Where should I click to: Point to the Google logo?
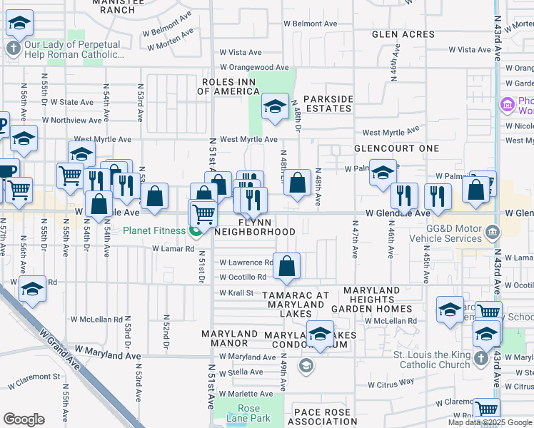pyautogui.click(x=24, y=419)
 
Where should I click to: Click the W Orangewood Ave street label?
pyautogui.click(x=253, y=68)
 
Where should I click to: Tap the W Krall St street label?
pyautogui.click(x=236, y=292)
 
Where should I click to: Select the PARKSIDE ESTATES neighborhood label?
pyautogui.click(x=328, y=103)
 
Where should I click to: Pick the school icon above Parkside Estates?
pyautogui.click(x=274, y=107)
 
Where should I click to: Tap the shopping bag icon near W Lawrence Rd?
pyautogui.click(x=286, y=267)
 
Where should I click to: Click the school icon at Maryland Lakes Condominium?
pyautogui.click(x=320, y=334)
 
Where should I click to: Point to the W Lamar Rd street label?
pyautogui.click(x=173, y=249)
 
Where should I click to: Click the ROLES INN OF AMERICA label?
pyautogui.click(x=229, y=86)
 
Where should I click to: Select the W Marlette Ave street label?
pyautogui.click(x=247, y=394)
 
